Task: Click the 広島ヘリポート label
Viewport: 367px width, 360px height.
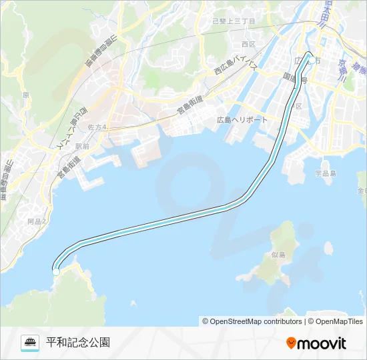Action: [242, 120]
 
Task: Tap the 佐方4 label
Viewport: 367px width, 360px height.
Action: [97, 127]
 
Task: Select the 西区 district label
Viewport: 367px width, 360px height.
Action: [249, 45]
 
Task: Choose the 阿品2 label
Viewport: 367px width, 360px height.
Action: [37, 221]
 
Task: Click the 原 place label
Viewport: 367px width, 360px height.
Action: [25, 95]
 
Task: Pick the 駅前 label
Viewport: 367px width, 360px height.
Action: [82, 145]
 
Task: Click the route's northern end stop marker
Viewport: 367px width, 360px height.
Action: [311, 60]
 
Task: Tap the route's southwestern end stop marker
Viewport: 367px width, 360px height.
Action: [56, 271]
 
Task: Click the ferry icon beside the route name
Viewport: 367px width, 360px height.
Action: [30, 343]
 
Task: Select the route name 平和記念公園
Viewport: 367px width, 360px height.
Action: [78, 343]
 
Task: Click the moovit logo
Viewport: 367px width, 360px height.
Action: [316, 343]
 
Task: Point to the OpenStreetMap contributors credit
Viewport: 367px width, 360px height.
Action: [252, 321]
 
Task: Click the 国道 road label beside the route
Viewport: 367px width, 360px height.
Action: [293, 79]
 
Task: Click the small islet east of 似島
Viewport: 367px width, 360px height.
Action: [328, 248]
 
